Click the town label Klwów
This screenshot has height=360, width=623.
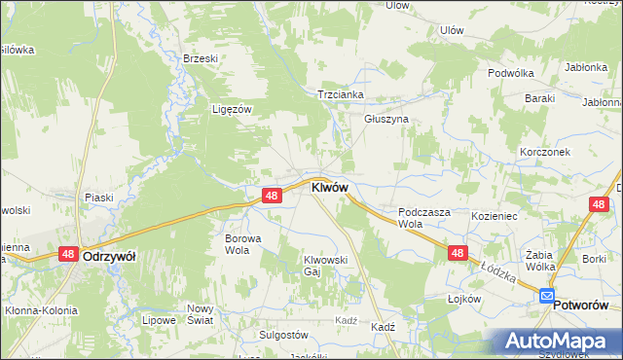[329, 187]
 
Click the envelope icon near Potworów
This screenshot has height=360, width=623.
[546, 296]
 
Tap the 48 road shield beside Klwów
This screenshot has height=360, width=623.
[273, 196]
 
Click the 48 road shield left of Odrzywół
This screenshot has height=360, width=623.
[67, 254]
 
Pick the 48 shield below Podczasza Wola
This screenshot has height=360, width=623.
[458, 252]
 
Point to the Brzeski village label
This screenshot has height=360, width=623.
[200, 58]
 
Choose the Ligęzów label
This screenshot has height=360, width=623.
[233, 109]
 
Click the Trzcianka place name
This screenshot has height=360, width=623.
[340, 94]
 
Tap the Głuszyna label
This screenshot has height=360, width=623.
[386, 119]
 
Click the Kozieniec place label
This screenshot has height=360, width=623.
[495, 212]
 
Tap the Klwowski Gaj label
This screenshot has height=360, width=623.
[325, 266]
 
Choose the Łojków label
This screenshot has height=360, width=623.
[465, 299]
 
